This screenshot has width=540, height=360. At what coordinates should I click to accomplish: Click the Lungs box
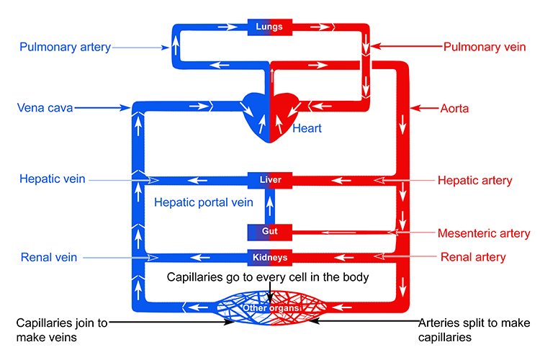pos(270,28)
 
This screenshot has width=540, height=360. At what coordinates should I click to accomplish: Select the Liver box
pos(270,179)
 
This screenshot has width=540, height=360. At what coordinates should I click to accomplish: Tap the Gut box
pos(270,232)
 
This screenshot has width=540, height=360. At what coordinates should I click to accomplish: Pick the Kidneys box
pos(270,257)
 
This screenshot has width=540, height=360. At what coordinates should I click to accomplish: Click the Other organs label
pos(270,309)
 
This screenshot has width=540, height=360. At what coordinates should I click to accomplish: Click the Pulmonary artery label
pos(65,48)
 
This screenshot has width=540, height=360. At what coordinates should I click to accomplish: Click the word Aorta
pos(454,109)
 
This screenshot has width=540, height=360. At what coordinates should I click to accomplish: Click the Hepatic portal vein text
pos(204,202)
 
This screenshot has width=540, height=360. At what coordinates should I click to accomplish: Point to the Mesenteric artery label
pos(484,233)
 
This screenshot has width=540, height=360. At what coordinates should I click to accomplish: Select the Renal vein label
pos(49,256)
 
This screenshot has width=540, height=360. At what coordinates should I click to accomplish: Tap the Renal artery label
pos(473,256)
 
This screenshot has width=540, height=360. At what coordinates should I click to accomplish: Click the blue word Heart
pos(307,129)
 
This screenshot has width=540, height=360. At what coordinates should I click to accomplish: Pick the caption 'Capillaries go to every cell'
pos(268,276)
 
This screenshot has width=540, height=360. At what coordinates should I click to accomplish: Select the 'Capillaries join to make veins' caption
pos(62,330)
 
